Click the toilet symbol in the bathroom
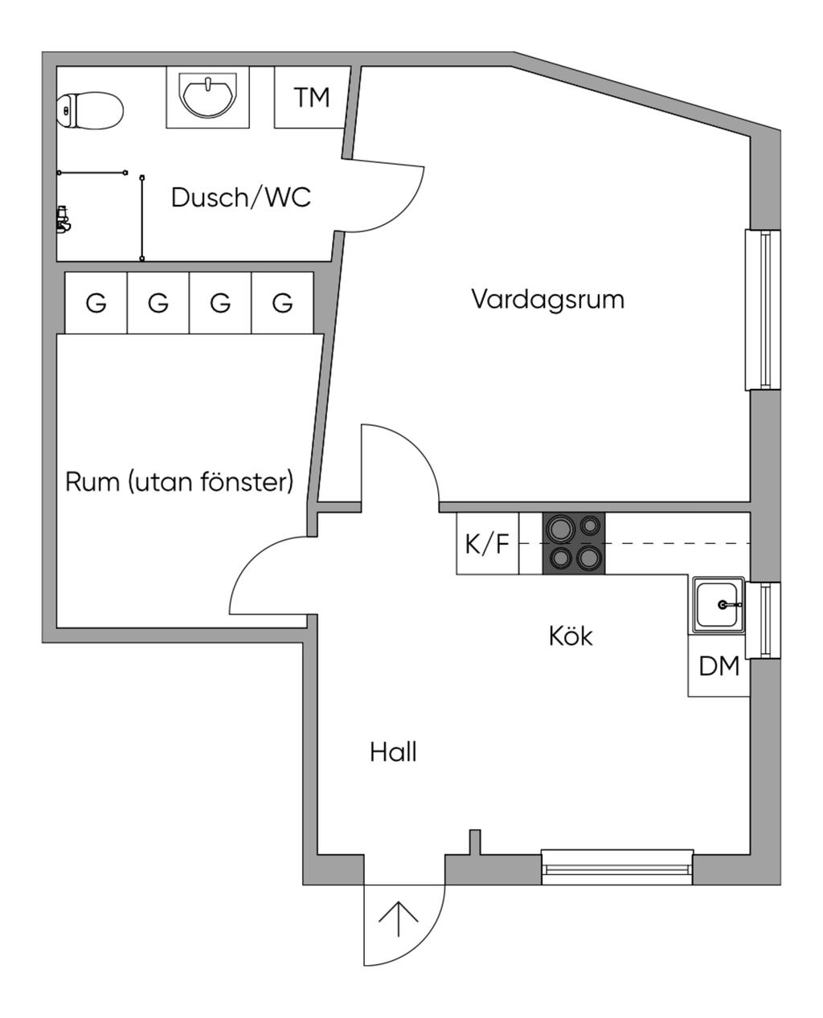click(90, 110)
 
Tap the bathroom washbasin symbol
click(208, 96)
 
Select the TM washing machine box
click(312, 97)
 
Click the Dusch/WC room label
click(240, 197)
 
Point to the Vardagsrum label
click(547, 299)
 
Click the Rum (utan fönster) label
click(179, 482)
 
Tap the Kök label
click(571, 636)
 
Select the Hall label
click(393, 753)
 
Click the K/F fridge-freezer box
click(487, 544)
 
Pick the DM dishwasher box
click(719, 667)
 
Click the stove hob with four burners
click(574, 543)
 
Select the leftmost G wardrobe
click(96, 303)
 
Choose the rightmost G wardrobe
click(282, 303)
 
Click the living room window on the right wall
click(764, 310)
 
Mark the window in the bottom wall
click(616, 866)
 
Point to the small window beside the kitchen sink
click(764, 619)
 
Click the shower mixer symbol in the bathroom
click(62, 219)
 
